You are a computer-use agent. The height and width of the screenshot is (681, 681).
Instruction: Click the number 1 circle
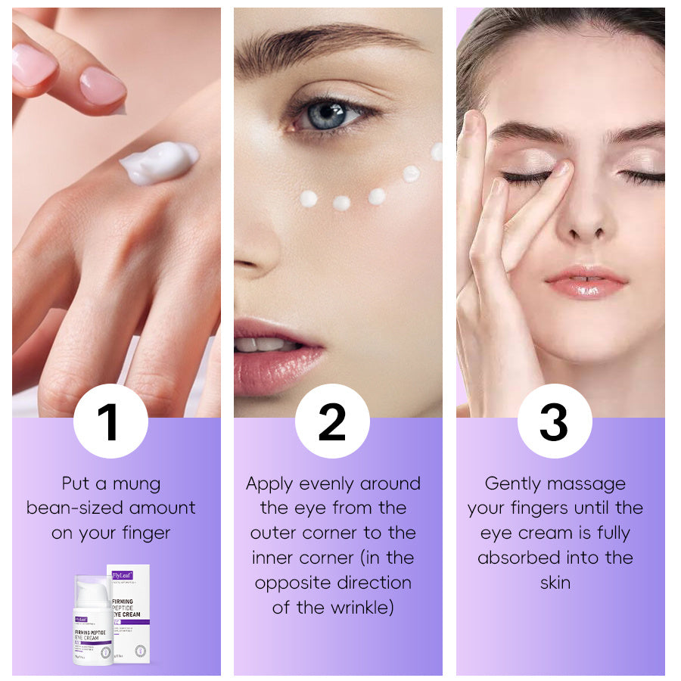pyautogui.click(x=110, y=421)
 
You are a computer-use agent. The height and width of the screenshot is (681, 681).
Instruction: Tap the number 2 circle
pyautogui.click(x=331, y=421)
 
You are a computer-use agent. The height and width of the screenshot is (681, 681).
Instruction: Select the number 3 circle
pyautogui.click(x=554, y=421)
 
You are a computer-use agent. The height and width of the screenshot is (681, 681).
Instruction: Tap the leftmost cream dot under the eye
pyautogui.click(x=308, y=198)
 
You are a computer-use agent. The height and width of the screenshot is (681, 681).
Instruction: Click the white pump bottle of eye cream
pyautogui.click(x=92, y=620)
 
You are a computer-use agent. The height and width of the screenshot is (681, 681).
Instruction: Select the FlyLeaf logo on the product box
pyautogui.click(x=123, y=575)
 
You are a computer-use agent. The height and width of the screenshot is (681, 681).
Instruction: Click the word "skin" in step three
pyautogui.click(x=555, y=583)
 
